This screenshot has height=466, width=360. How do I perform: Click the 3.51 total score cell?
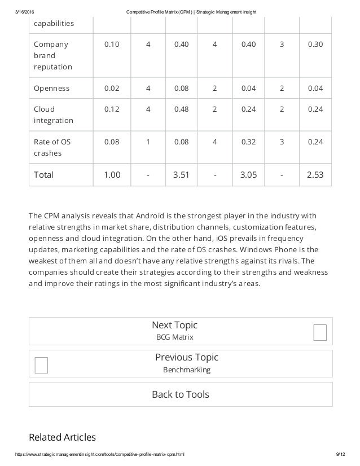click(x=181, y=174)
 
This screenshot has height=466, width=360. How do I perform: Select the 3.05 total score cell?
click(x=248, y=174)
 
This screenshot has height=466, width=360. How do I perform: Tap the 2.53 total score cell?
click(x=315, y=174)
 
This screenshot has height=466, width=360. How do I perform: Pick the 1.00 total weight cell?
click(x=112, y=174)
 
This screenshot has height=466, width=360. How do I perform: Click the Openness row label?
click(x=52, y=88)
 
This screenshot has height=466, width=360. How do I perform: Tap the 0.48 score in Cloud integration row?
click(x=181, y=109)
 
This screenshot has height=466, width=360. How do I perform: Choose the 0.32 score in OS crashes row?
click(x=248, y=142)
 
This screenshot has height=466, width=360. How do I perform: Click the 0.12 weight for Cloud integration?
click(x=112, y=109)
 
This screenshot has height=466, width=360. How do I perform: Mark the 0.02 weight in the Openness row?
click(x=112, y=88)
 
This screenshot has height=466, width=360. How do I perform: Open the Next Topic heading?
click(x=174, y=325)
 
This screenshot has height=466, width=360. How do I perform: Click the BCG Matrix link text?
click(x=174, y=337)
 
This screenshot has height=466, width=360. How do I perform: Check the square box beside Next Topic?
click(x=320, y=333)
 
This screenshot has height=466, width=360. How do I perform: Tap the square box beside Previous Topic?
click(x=41, y=365)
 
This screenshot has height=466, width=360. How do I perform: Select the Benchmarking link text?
click(x=186, y=370)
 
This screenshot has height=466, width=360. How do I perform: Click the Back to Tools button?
click(x=181, y=394)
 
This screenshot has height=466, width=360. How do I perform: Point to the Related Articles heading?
click(x=62, y=437)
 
